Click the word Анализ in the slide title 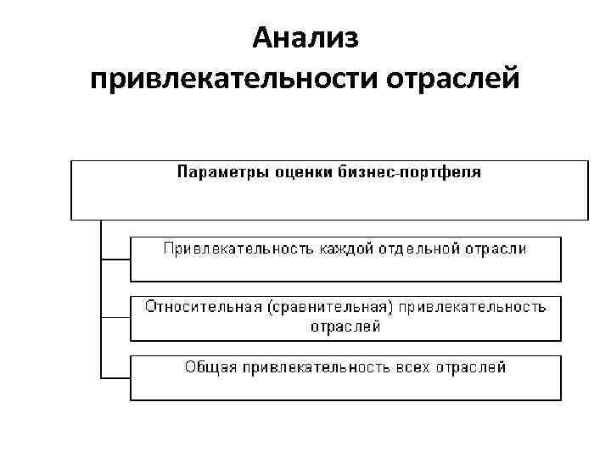pos(306,39)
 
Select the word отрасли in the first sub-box pos(496,249)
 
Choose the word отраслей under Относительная pos(345,327)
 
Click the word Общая pos(210,367)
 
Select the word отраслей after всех pos(473,367)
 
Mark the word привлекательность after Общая pos(314,367)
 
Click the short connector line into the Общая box pos(115,377)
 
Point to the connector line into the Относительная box pos(115,317)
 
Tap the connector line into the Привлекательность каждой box pos(115,257)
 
